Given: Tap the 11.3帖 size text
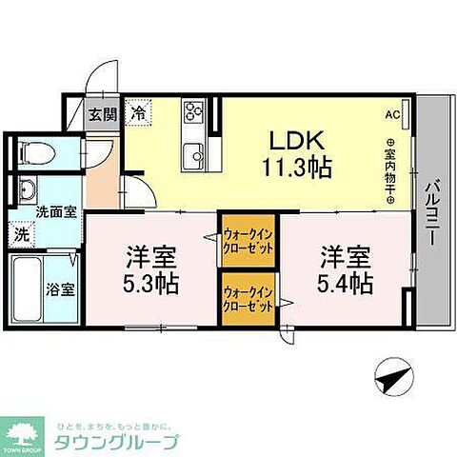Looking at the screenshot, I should [298, 168].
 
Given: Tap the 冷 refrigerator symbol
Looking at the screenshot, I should [138, 113].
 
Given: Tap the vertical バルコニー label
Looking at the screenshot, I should [432, 213].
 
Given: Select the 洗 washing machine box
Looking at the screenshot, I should [21, 232].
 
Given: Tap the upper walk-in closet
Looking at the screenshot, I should [248, 238].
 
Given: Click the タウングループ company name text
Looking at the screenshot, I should [124, 442].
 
